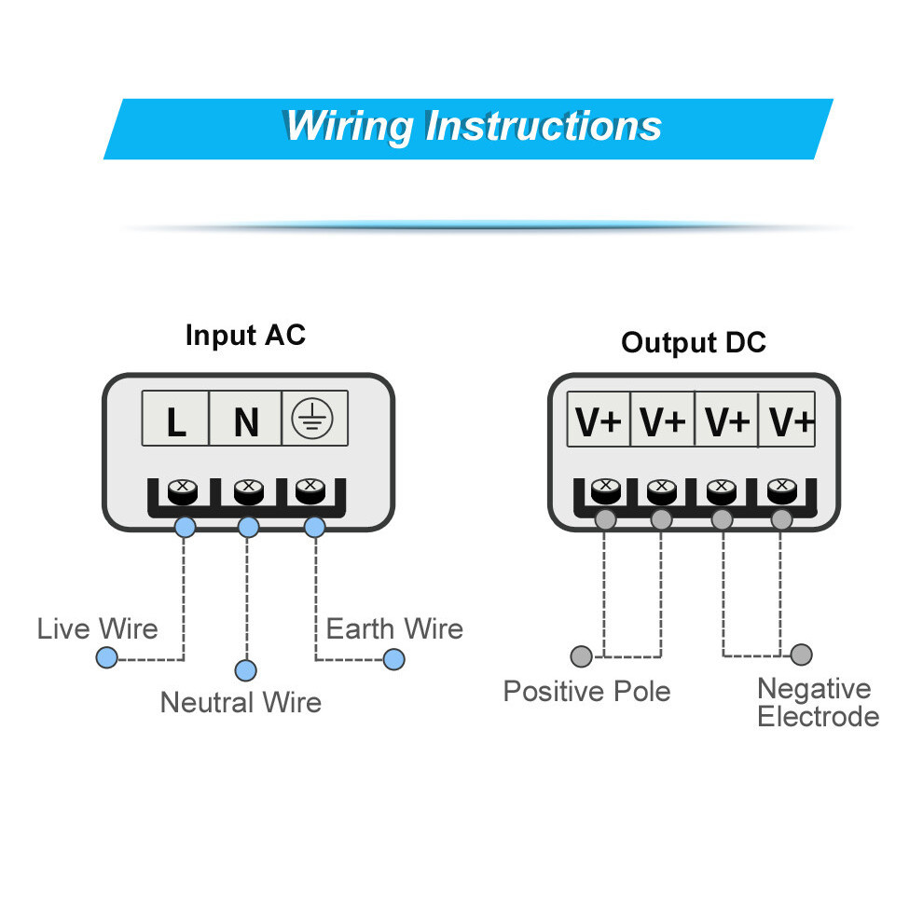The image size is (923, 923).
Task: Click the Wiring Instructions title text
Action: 474,127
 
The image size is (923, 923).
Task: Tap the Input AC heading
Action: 245,336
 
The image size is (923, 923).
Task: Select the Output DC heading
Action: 694,342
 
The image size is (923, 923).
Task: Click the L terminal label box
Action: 175,419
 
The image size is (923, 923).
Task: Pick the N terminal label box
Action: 245,419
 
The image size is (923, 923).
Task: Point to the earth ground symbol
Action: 312,419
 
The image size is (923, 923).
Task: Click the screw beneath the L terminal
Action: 183,492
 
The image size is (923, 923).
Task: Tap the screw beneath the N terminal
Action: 248,492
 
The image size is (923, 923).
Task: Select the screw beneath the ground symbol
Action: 310,491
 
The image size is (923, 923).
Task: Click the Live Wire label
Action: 98,628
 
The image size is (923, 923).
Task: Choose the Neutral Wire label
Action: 241,702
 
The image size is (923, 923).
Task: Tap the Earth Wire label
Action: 394,628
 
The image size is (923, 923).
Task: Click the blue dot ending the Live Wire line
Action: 106,657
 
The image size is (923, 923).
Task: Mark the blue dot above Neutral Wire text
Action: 245,670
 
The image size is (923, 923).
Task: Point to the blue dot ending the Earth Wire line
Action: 393,659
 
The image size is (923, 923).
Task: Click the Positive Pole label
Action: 586,691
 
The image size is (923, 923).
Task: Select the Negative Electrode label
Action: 818,702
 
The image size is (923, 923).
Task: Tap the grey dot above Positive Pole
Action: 582,656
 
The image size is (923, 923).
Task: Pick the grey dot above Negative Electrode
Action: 801,654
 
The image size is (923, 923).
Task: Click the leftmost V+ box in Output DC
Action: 599,420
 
